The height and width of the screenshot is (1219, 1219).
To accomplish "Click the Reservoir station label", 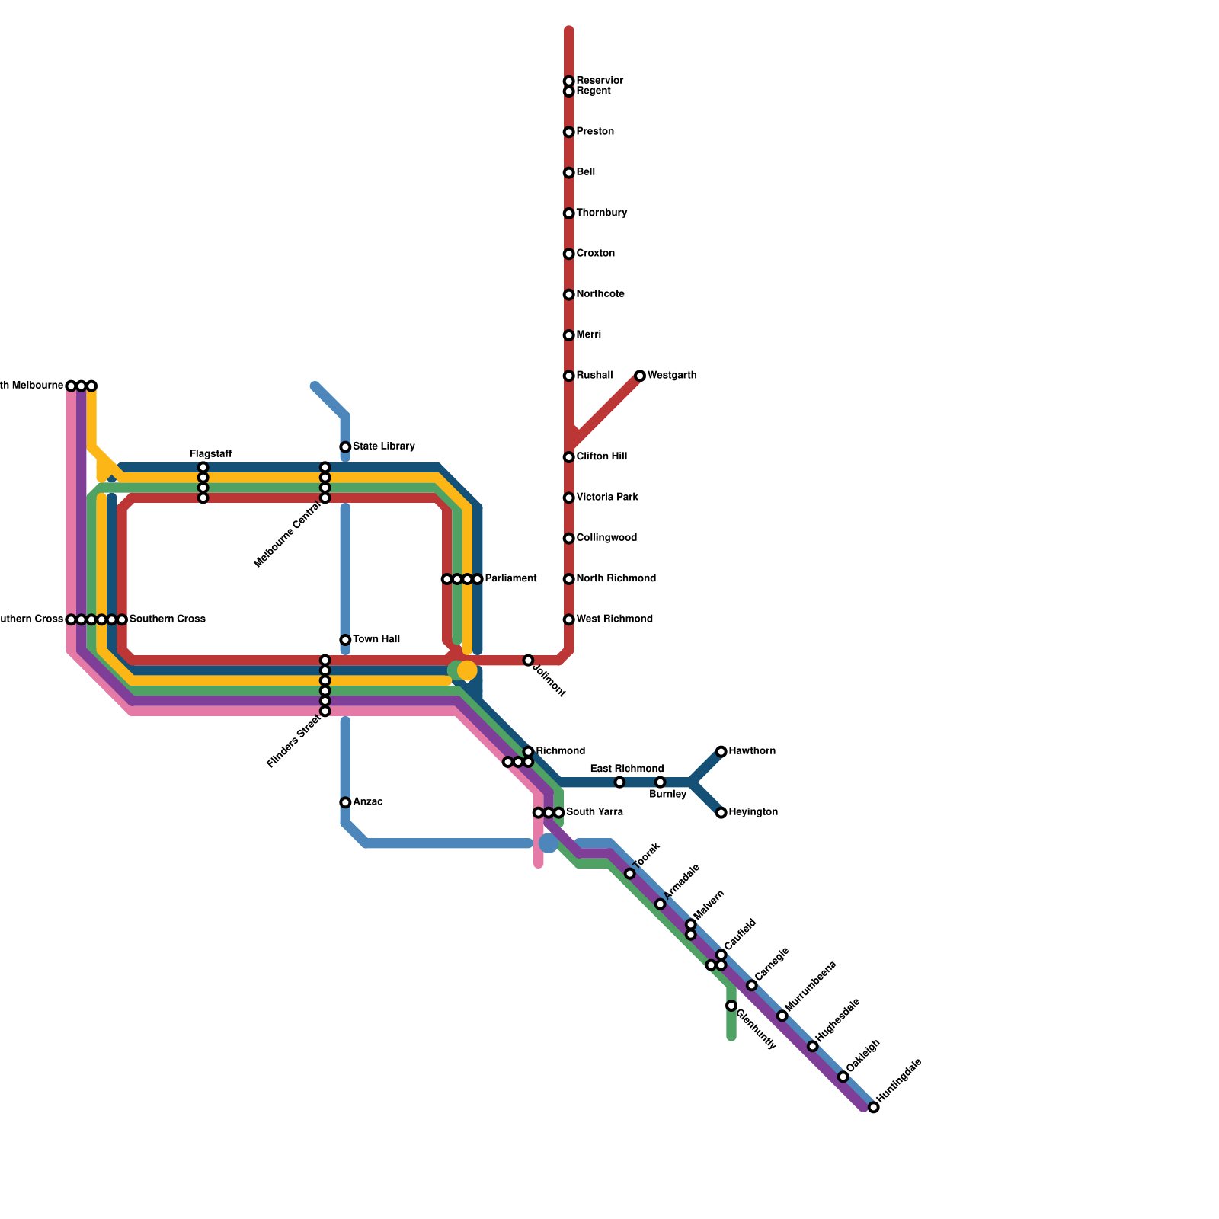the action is coord(600,81).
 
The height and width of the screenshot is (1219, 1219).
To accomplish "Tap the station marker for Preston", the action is coord(568,133).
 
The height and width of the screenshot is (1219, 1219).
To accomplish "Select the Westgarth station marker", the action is coord(640,376).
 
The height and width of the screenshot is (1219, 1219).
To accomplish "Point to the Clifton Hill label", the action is coord(601,457).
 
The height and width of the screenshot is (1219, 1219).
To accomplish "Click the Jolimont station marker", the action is coord(528,660).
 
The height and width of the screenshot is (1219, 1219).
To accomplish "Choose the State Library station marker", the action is coord(345,447).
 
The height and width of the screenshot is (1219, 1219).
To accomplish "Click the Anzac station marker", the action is coord(345,802).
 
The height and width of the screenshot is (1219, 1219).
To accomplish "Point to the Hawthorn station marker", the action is coord(721,752).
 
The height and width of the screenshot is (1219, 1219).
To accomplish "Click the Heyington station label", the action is coord(753,812).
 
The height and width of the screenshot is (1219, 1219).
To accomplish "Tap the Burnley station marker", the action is coord(660,782).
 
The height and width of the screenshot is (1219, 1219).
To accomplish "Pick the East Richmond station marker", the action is coord(619,782).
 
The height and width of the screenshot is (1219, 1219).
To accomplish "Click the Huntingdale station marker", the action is coord(874,1107).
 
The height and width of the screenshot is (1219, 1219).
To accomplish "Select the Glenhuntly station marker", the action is coord(731,1006).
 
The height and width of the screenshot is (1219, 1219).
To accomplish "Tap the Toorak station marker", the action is coord(629,874).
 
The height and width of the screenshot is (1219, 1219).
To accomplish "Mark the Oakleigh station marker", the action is coord(843,1077).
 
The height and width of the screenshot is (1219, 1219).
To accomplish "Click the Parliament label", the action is coord(510,579).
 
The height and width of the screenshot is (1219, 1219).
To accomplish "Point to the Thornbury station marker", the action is coord(568,213).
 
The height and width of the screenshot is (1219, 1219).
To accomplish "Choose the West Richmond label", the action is coord(614,619).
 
